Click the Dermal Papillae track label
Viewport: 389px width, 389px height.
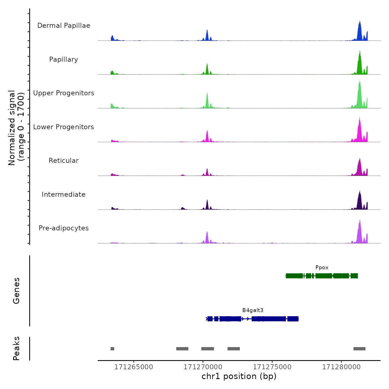(x=64, y=26)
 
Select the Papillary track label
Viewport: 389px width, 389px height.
(x=64, y=59)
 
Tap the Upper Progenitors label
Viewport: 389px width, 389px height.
(x=64, y=93)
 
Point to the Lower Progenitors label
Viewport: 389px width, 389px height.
(x=64, y=127)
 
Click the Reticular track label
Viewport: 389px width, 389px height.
(x=64, y=161)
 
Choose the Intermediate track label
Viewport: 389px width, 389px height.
(x=64, y=194)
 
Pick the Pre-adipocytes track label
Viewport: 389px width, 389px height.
(x=64, y=228)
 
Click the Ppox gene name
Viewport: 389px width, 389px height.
(x=322, y=268)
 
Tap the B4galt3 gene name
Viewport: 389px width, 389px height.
(x=253, y=310)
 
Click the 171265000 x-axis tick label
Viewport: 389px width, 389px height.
(x=134, y=367)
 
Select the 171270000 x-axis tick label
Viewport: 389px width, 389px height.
(x=203, y=367)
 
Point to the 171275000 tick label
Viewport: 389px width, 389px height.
(x=272, y=367)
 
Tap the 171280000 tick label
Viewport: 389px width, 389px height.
(x=341, y=367)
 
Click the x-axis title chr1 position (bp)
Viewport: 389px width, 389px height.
(x=239, y=376)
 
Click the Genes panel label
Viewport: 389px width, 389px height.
(x=16, y=291)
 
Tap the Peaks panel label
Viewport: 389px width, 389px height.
(x=16, y=348)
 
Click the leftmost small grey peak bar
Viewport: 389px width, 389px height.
(x=112, y=349)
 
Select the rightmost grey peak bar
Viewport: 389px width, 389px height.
(x=359, y=349)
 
